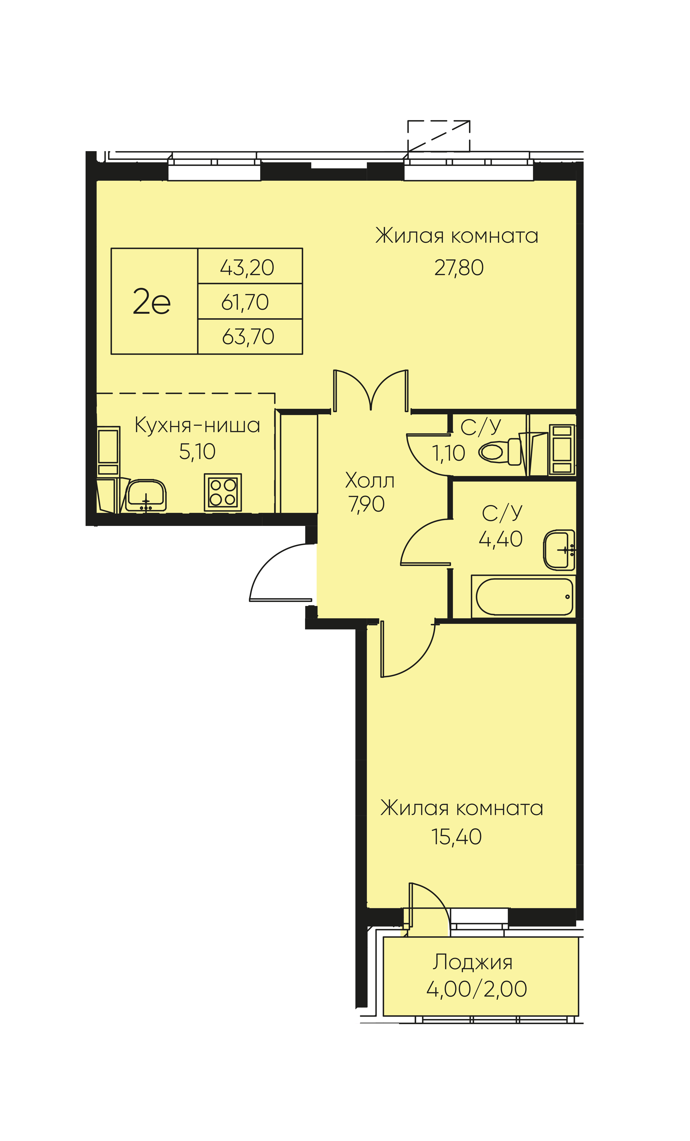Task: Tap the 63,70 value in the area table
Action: coord(248,337)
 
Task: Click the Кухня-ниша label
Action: coord(197,425)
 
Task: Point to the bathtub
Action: coord(523,596)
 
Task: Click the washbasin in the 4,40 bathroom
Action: coord(559,550)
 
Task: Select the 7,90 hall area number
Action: coord(366,504)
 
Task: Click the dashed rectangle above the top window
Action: coord(439,136)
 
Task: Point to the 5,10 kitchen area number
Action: coord(197,451)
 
